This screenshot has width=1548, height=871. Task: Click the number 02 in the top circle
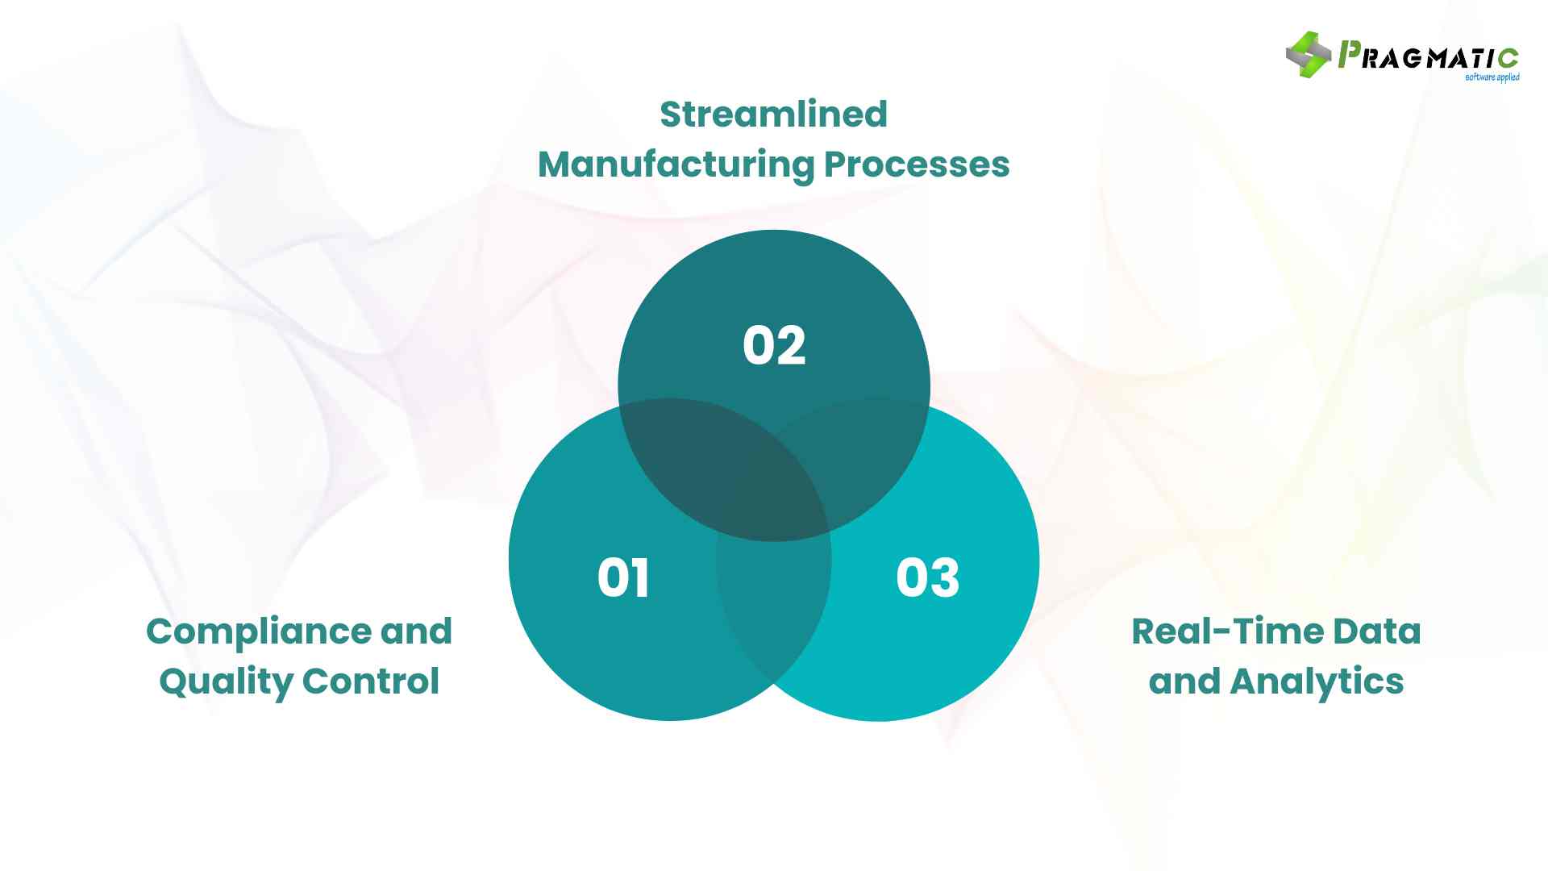(774, 346)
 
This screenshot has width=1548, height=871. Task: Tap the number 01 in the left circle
(623, 578)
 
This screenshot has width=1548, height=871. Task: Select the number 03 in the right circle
(927, 578)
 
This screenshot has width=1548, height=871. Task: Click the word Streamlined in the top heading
(773, 115)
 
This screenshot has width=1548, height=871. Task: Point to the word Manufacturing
(676, 165)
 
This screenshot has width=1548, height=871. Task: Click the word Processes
(917, 165)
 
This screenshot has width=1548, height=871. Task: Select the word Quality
(226, 682)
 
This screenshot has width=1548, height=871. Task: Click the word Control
(371, 681)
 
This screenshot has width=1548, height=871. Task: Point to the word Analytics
(1317, 682)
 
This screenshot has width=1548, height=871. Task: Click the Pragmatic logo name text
(1428, 56)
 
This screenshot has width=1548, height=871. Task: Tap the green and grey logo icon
(1308, 55)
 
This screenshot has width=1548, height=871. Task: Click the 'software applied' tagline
(1492, 77)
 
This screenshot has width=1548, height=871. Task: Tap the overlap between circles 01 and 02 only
(677, 452)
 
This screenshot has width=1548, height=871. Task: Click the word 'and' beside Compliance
(416, 631)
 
